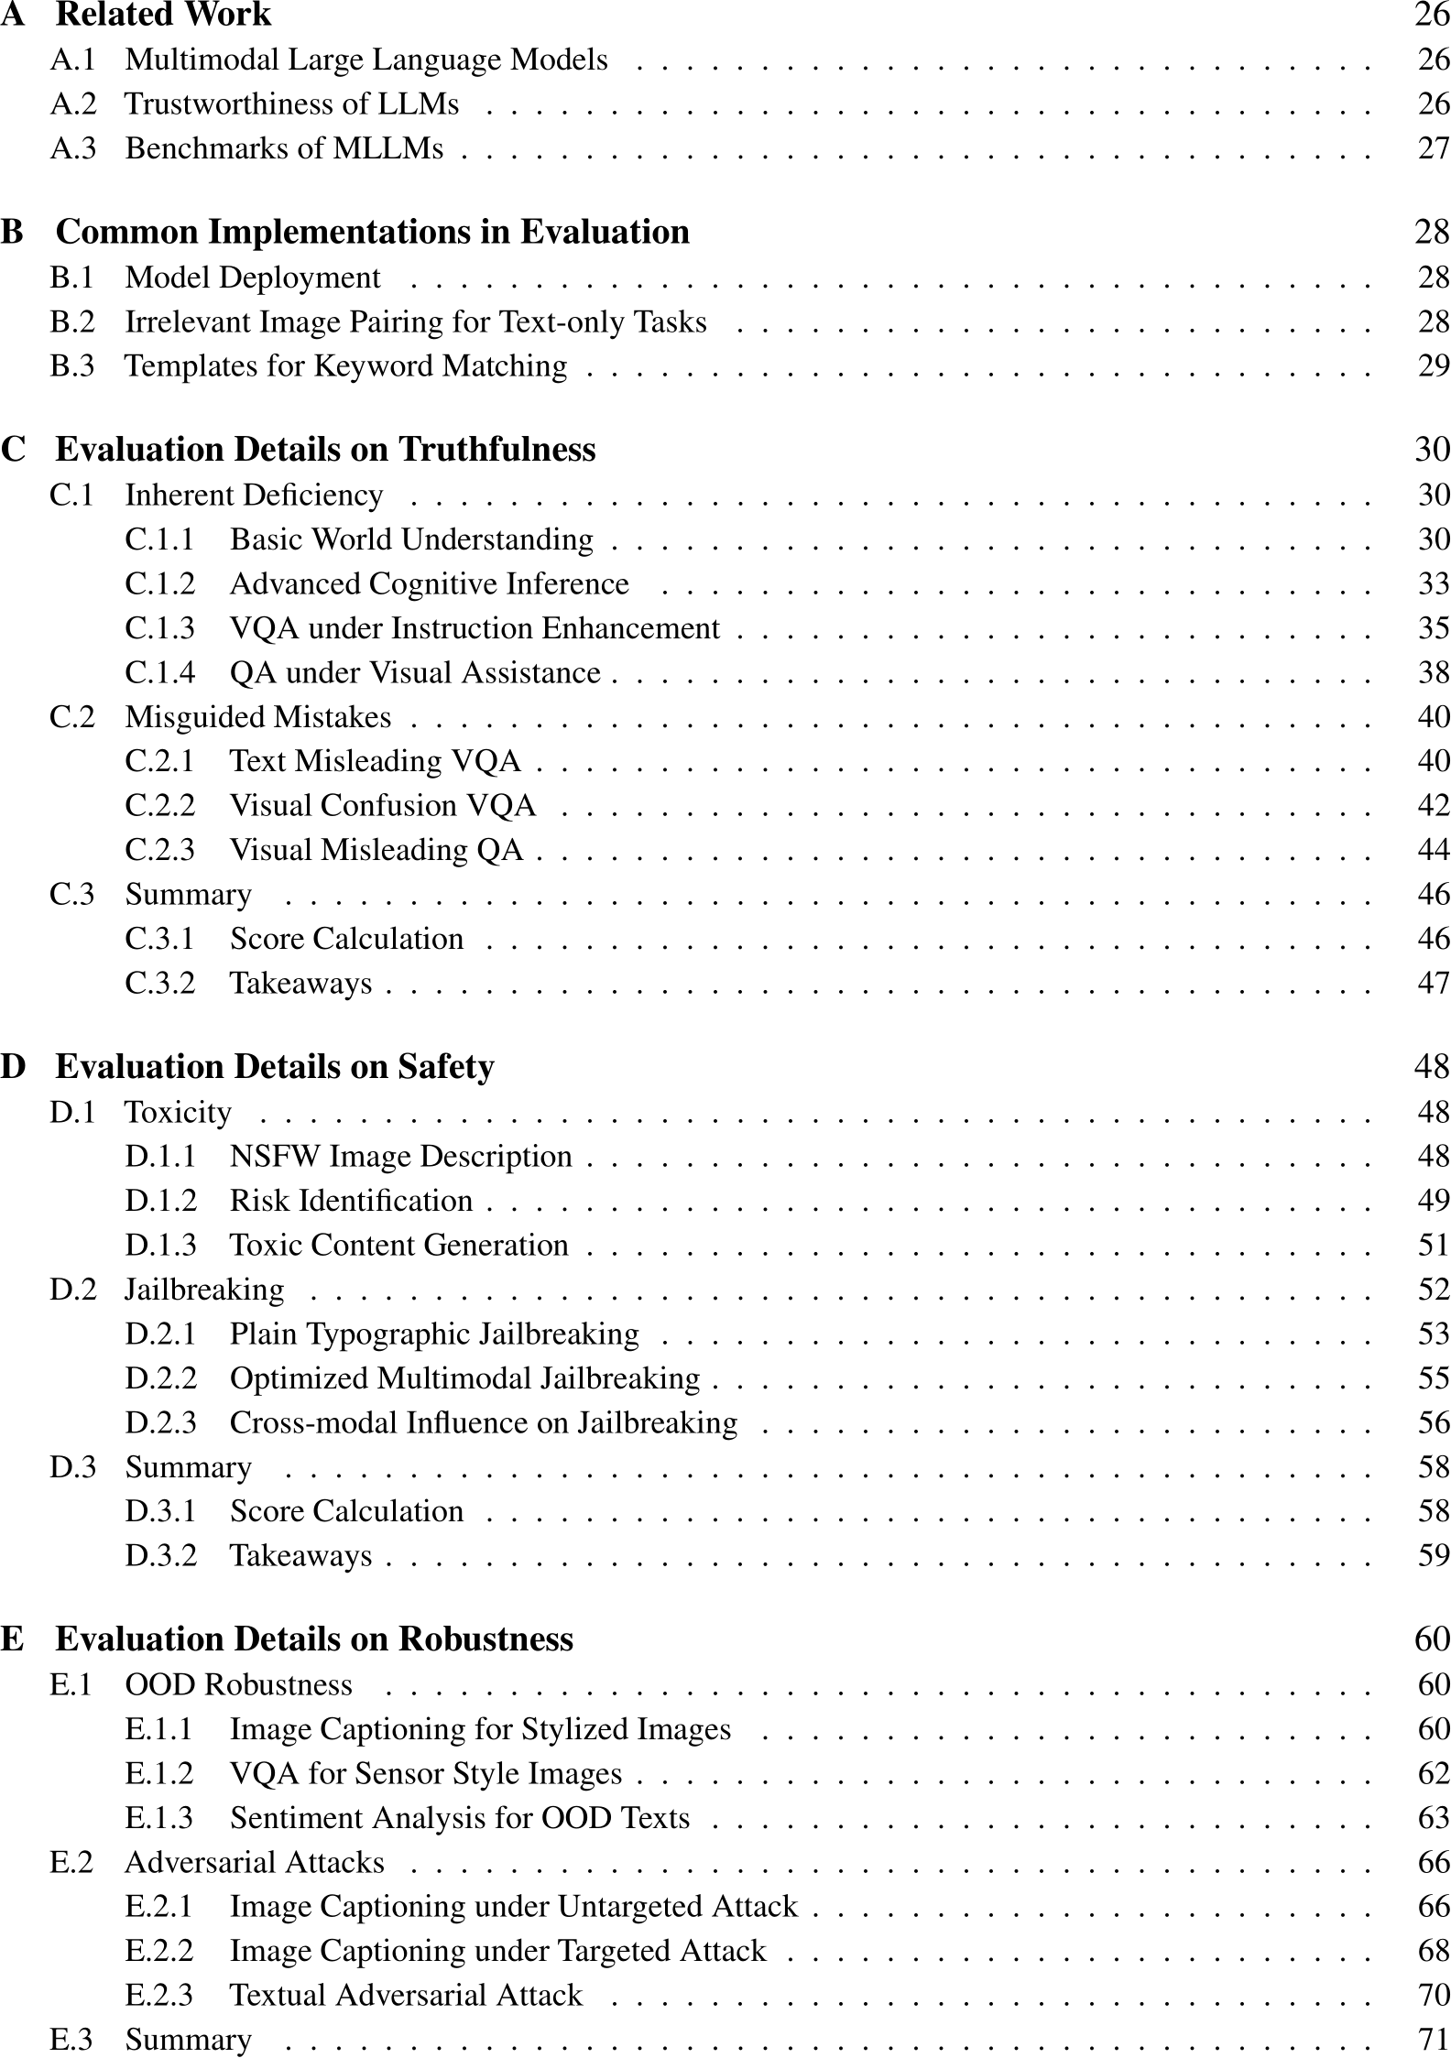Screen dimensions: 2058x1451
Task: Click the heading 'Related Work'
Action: (163, 16)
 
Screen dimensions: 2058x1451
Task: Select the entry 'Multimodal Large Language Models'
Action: (365, 60)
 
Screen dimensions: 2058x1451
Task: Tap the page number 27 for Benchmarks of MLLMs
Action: (1434, 148)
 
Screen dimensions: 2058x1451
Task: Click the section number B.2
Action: (72, 322)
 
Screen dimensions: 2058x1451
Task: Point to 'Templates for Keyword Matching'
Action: (345, 366)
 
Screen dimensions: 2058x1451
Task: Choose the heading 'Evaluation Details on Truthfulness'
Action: (325, 450)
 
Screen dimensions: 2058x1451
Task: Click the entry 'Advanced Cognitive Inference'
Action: (429, 584)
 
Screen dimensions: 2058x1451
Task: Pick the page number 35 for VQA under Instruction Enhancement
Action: (1434, 628)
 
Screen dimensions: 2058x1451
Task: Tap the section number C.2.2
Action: (160, 806)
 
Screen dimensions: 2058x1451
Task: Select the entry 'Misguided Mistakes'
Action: (257, 717)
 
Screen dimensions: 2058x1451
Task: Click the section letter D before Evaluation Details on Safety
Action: (13, 1067)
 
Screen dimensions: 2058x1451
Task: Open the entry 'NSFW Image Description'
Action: (400, 1157)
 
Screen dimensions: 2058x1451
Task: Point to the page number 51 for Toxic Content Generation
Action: (1434, 1246)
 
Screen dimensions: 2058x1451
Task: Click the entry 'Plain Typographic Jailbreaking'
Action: (434, 1334)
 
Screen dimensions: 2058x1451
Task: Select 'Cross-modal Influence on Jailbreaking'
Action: (483, 1423)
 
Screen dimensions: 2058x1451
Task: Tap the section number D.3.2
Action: (160, 1556)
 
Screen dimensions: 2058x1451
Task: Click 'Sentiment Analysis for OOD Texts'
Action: (459, 1818)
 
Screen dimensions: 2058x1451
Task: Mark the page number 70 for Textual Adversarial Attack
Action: (1434, 1996)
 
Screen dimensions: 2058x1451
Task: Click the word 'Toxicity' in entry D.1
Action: (178, 1113)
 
